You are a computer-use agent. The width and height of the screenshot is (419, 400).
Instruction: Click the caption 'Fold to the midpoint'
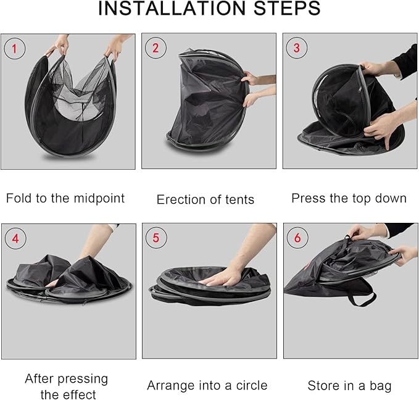(65, 198)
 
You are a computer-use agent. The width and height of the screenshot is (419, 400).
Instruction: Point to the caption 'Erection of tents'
(205, 199)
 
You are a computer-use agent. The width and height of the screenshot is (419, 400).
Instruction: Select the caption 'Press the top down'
(349, 198)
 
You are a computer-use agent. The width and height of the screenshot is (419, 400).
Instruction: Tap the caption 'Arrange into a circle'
(207, 386)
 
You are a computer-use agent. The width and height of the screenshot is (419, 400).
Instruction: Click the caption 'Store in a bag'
(349, 386)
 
